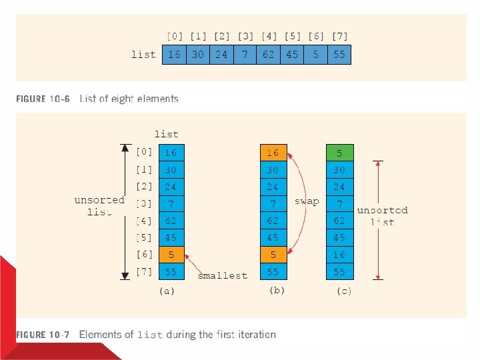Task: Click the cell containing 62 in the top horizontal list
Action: [268, 55]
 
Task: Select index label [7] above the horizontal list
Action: [339, 36]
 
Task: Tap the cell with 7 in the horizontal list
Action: [245, 55]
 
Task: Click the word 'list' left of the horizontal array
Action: [143, 55]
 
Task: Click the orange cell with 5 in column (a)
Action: [171, 254]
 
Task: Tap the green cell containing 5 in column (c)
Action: [340, 153]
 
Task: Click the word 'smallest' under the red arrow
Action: [223, 275]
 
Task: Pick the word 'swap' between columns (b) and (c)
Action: [306, 201]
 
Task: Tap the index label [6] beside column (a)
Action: [145, 254]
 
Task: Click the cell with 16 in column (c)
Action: [340, 254]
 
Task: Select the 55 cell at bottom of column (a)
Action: [171, 271]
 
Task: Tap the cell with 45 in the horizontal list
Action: [292, 55]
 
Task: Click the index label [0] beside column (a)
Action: [145, 153]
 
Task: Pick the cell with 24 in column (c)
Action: [340, 187]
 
